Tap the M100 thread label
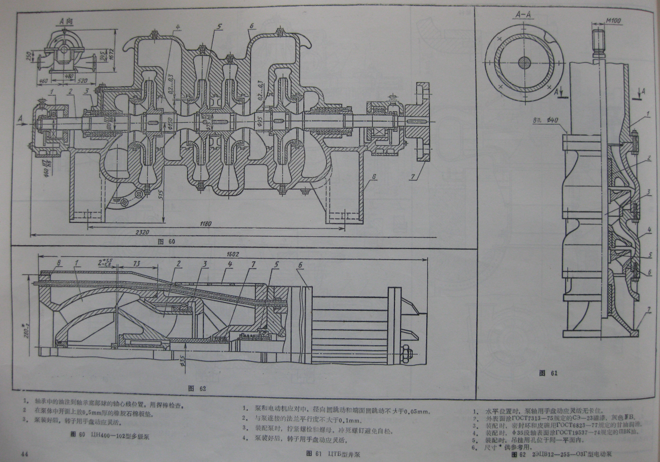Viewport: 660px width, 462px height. pyautogui.click(x=613, y=21)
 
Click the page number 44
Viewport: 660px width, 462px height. pyautogui.click(x=24, y=454)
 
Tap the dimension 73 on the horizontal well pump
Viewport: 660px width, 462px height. pyautogui.click(x=136, y=262)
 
